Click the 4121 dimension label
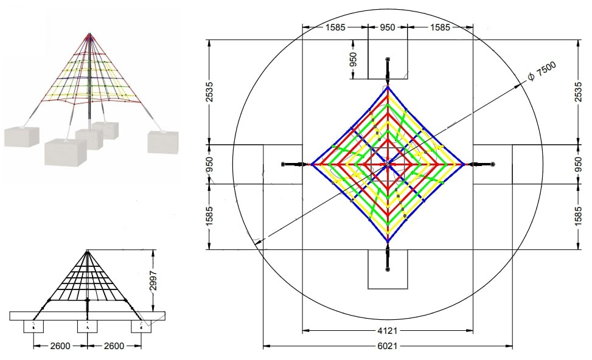[x=388, y=331]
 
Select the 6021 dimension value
[x=388, y=346]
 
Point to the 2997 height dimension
[x=153, y=280]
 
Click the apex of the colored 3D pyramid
[x=89, y=34]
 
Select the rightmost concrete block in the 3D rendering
[x=162, y=142]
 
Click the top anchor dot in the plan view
[x=388, y=60]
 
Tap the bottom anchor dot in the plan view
[x=388, y=269]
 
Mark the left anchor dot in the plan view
[x=283, y=164]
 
